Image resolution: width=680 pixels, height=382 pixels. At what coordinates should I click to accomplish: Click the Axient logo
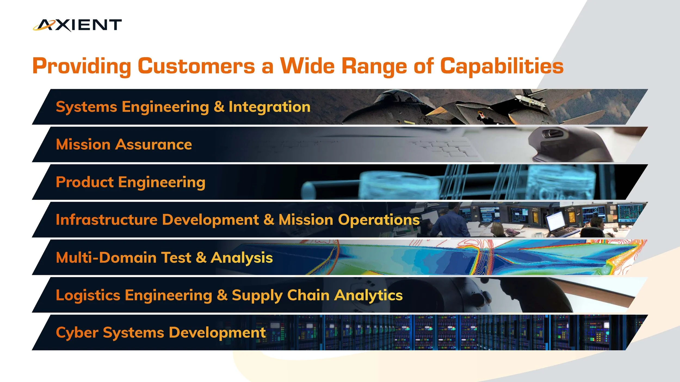pyautogui.click(x=77, y=25)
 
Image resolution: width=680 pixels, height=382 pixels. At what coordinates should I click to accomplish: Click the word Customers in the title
pyautogui.click(x=196, y=66)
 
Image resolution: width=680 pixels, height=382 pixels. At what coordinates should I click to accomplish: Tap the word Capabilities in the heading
pyautogui.click(x=502, y=66)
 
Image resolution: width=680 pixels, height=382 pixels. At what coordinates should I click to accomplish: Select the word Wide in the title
pyautogui.click(x=307, y=66)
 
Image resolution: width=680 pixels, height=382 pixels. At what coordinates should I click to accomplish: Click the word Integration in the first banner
pyautogui.click(x=269, y=107)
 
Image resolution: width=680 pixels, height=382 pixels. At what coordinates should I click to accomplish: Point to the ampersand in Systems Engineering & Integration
pyautogui.click(x=219, y=107)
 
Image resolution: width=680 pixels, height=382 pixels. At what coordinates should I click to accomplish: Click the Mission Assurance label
pyautogui.click(x=124, y=144)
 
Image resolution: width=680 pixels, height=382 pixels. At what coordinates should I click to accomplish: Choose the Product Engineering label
pyautogui.click(x=131, y=182)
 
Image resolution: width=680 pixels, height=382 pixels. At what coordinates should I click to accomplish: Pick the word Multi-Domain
pyautogui.click(x=106, y=257)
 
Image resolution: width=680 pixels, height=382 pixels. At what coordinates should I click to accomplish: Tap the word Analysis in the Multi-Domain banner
pyautogui.click(x=242, y=257)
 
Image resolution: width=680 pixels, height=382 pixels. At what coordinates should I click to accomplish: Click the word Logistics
pyautogui.click(x=88, y=295)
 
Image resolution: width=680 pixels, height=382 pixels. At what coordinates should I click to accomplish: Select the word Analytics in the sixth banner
pyautogui.click(x=368, y=295)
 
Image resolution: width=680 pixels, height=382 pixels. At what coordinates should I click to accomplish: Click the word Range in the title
pyautogui.click(x=374, y=66)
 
